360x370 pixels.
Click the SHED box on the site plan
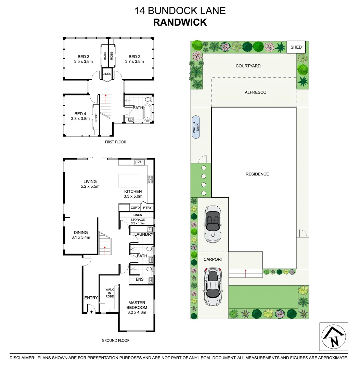[x=296, y=47]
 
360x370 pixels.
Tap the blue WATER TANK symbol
[x=196, y=127]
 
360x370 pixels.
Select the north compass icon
[x=334, y=337]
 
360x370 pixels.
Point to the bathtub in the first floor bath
[x=147, y=113]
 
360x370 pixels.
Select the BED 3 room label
[x=83, y=57]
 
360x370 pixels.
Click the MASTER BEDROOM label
[x=137, y=305]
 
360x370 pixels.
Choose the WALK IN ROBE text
[x=110, y=293]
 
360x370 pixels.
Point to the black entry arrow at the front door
[x=91, y=311]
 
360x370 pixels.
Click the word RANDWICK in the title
[x=180, y=22]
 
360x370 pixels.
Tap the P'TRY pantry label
[x=147, y=208]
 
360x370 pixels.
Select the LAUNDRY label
[x=144, y=234]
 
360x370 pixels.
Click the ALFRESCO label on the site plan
[x=255, y=92]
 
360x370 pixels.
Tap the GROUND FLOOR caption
[x=116, y=341]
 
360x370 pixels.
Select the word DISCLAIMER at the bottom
[x=22, y=358]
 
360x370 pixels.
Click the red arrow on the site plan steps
[x=246, y=273]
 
